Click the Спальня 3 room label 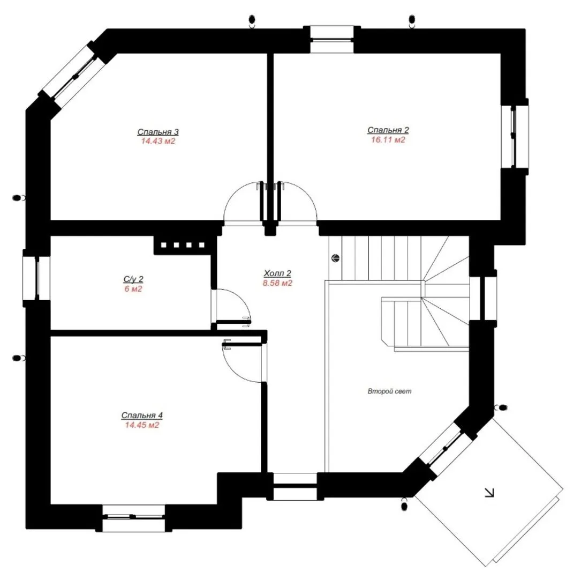[158, 132]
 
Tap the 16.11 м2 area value [388, 140]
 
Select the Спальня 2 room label [388, 130]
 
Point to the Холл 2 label [277, 273]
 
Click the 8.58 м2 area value [277, 283]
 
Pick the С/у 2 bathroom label [133, 279]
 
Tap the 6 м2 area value [133, 289]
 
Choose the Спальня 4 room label [142, 415]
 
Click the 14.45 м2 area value [142, 425]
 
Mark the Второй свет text [389, 391]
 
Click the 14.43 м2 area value [158, 142]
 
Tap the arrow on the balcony [489, 492]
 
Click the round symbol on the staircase [335, 258]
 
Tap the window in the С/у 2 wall [36, 278]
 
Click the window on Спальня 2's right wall [515, 137]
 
